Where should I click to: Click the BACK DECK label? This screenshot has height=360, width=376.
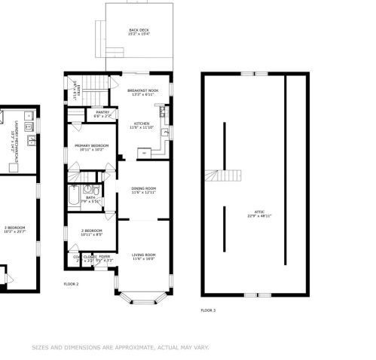tap(139, 31)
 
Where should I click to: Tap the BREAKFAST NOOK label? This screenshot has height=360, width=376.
tap(142, 91)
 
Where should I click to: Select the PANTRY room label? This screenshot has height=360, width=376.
tap(102, 113)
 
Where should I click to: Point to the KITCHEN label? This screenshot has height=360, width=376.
tap(142, 124)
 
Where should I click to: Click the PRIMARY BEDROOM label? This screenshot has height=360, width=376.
tap(94, 146)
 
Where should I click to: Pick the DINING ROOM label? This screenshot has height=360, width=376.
tap(143, 190)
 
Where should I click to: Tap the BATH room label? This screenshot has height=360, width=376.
tap(90, 199)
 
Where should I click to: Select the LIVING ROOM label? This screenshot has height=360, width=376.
tap(143, 257)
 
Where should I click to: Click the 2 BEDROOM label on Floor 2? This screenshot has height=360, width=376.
tap(93, 232)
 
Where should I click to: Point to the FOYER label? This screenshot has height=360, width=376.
tap(104, 257)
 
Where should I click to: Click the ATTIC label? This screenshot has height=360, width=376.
tap(255, 213)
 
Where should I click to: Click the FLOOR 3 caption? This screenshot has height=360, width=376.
tap(208, 310)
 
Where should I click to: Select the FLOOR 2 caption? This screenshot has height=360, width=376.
tap(72, 284)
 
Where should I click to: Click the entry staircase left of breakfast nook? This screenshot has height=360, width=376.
tap(94, 84)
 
